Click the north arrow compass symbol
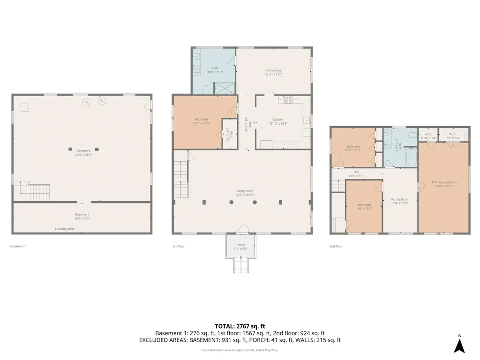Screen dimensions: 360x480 pos(460,345)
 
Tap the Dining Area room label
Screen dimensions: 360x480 pos(273,72)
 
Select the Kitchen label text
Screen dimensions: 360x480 pos(278,121)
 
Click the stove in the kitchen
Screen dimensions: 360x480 pos(289,99)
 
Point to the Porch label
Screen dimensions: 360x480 pos(240,247)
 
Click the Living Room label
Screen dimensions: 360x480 pos(245,193)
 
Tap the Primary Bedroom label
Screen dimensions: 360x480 pos(443,184)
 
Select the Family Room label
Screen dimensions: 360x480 pos(400,201)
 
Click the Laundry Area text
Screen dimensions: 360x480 pos(64,229)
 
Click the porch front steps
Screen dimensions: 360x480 pos(240,266)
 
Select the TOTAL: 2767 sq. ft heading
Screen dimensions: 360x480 pos(240,326)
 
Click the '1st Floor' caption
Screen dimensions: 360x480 pos(179,246)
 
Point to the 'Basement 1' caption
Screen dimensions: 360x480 pos(17,246)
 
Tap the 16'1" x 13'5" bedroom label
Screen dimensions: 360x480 pos(201,121)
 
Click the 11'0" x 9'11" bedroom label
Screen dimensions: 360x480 pos(352,148)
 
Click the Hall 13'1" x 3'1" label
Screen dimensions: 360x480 pos(356,174)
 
